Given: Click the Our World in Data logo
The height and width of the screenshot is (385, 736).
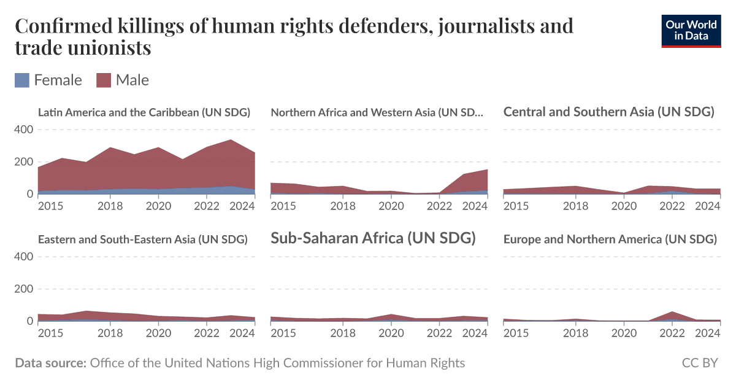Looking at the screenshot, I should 691,30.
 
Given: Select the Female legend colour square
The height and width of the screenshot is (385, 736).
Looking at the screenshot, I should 22,80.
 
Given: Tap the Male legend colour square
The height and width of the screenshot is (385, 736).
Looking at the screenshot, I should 104,80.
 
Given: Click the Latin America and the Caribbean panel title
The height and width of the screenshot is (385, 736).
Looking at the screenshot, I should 144,112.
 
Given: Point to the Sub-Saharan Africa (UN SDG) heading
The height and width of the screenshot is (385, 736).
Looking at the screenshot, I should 373,238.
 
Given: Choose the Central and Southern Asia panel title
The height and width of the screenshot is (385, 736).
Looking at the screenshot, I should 608,112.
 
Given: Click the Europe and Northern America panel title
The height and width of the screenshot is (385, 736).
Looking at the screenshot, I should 610,239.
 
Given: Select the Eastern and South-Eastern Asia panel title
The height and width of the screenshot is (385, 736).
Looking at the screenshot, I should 142,239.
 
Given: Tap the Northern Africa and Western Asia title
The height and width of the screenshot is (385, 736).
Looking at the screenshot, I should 377,112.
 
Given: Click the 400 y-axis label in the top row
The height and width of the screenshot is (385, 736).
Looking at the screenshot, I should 23,130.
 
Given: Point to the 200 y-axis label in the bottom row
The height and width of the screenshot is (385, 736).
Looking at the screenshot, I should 23,289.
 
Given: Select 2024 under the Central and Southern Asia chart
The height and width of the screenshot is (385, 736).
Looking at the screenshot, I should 708,206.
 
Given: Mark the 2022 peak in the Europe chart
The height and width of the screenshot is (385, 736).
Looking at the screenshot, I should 673,313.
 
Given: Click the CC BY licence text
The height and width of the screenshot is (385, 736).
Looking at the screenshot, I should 700,363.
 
